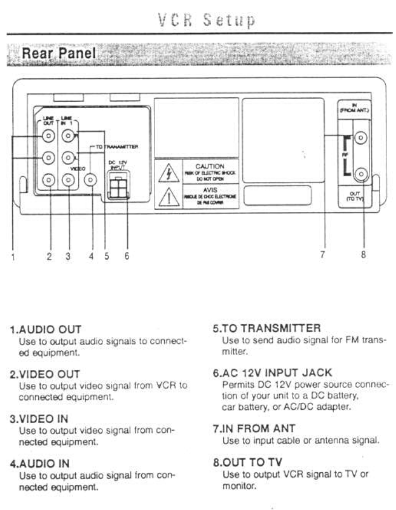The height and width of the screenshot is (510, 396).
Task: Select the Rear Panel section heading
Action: [58, 53]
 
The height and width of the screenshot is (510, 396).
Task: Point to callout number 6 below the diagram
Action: [127, 256]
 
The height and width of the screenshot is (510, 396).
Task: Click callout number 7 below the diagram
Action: [322, 255]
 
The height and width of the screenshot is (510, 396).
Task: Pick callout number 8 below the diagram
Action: [363, 255]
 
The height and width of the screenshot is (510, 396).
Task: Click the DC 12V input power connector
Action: [117, 187]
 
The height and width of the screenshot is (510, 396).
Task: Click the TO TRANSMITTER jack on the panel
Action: [91, 180]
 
